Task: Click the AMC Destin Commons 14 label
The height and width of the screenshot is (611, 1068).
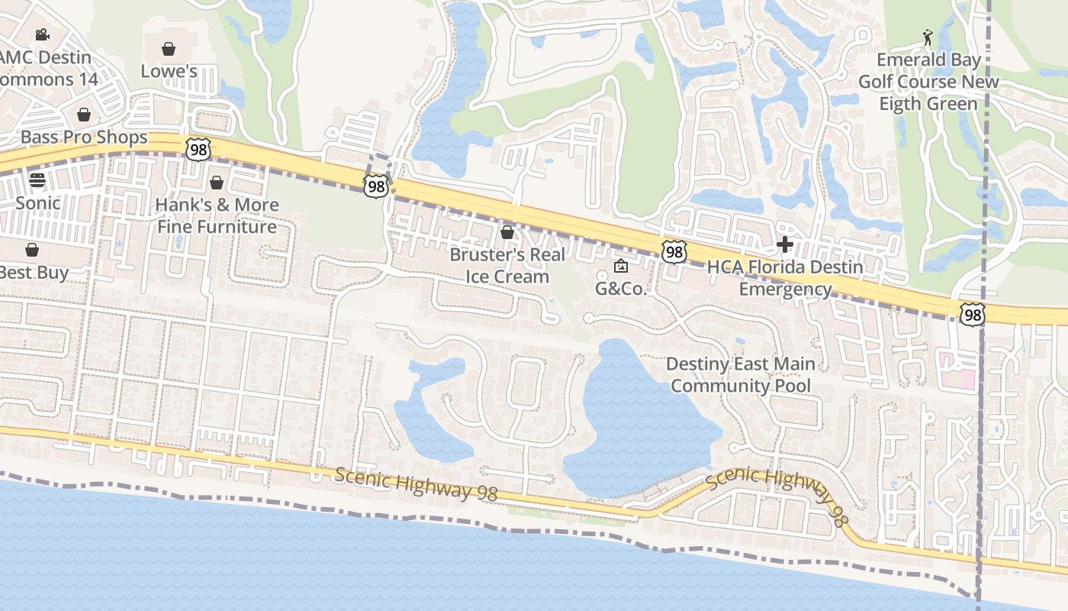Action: tap(46, 68)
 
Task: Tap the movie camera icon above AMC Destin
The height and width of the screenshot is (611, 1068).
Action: tap(42, 34)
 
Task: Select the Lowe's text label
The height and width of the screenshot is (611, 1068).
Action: tap(169, 71)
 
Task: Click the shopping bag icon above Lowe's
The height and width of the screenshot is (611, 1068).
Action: tap(169, 49)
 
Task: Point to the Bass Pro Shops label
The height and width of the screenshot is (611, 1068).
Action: tap(84, 137)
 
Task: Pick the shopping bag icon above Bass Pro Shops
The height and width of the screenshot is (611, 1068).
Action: tap(84, 115)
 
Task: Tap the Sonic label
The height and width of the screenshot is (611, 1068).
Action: tap(37, 202)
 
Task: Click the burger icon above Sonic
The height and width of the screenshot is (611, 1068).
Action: tap(37, 181)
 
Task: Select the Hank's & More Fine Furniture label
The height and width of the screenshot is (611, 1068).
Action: tap(217, 215)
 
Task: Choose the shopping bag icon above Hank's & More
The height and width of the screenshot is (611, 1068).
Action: tap(217, 183)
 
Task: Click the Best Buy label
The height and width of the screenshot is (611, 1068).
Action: tap(34, 272)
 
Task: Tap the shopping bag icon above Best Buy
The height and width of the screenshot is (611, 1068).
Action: tap(32, 250)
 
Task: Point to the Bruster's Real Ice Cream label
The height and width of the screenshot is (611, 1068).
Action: tap(507, 265)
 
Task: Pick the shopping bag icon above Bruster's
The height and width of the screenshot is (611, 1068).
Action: tap(507, 231)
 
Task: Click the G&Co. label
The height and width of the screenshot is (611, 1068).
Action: tap(620, 289)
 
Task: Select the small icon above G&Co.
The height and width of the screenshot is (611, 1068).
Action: tap(620, 266)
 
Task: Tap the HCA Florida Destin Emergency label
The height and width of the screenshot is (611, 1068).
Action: tap(785, 278)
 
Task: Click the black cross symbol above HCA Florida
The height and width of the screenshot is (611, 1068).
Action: tap(785, 244)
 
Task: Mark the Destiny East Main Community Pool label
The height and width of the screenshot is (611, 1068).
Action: tap(741, 374)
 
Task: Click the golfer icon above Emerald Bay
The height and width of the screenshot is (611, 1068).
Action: tap(928, 37)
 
